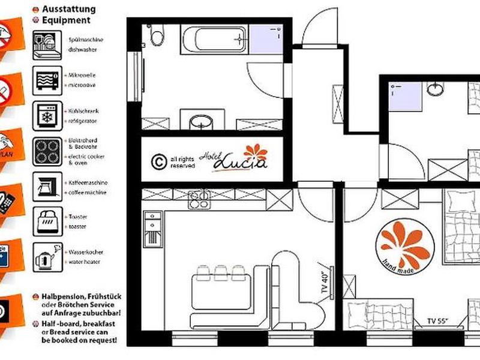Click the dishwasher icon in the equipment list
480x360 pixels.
[47, 44]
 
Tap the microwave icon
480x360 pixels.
[47, 80]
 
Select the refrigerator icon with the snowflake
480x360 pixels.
[47, 115]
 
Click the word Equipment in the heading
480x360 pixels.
[67, 19]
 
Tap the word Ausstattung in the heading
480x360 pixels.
[70, 9]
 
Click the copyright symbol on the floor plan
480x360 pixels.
[159, 161]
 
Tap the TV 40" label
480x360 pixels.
[324, 280]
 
